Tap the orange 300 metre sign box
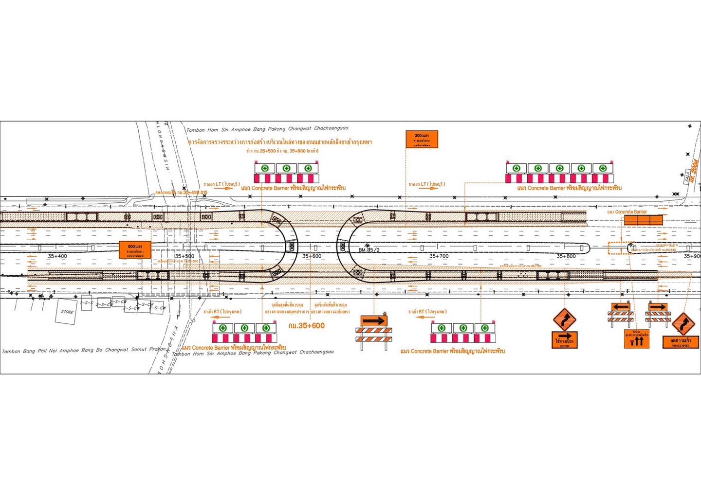(421, 140)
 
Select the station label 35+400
(57, 256)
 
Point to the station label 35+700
(439, 256)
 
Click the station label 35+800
(566, 256)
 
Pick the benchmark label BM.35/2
(369, 250)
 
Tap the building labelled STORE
(67, 312)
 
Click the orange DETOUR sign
(564, 340)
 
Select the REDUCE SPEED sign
(680, 342)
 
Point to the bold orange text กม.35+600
(306, 326)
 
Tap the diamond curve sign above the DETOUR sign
(564, 319)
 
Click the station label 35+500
(184, 256)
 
